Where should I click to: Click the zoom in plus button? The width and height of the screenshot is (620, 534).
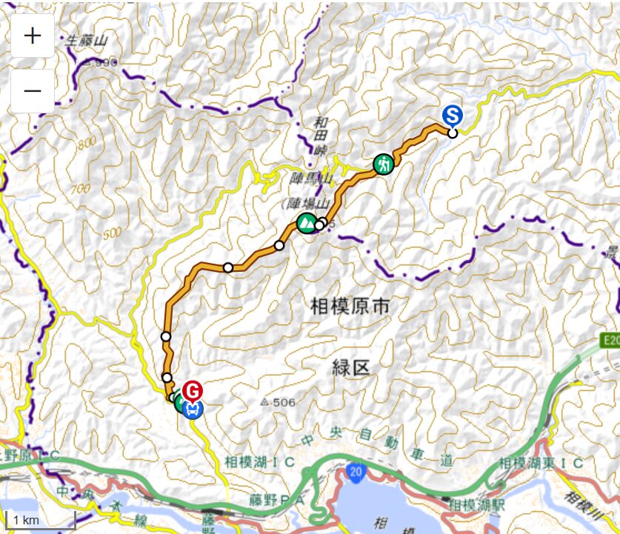pos(33,36)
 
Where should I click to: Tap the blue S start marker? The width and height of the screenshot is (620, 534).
pos(453,115)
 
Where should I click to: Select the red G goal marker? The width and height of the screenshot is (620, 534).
pos(193,390)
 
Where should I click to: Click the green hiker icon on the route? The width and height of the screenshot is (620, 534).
pos(383,163)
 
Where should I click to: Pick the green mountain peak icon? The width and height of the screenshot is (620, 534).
pos(305,221)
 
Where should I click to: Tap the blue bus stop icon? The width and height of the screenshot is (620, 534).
pos(193,408)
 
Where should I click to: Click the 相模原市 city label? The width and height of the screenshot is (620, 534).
pos(350,304)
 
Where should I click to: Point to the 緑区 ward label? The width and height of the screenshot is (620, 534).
pos(350,367)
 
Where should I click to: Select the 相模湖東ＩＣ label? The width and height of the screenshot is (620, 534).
pos(541,462)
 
